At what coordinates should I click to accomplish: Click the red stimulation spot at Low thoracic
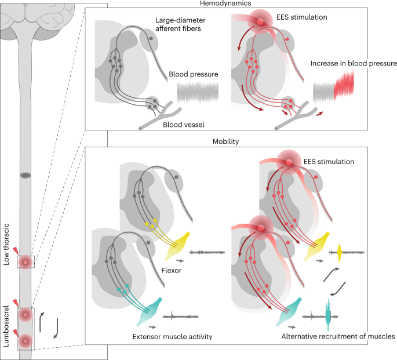pos(26,262)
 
